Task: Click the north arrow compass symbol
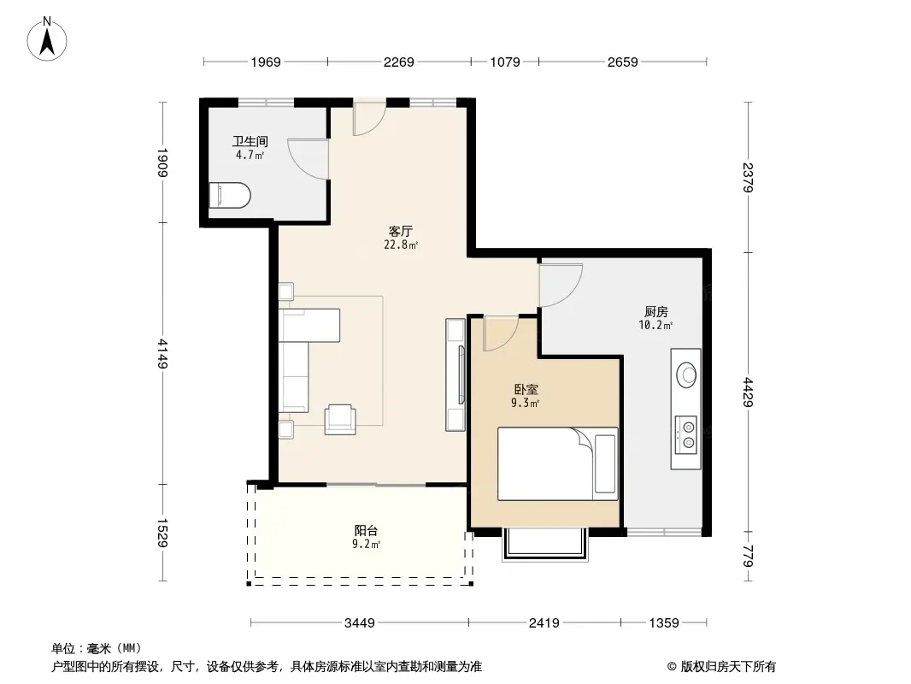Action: click(47, 38)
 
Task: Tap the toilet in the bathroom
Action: click(230, 195)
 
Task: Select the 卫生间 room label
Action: click(250, 141)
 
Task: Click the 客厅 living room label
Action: click(401, 231)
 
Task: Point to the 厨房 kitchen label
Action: click(656, 311)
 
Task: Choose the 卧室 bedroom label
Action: click(526, 389)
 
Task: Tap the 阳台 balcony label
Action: click(366, 531)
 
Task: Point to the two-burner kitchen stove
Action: click(686, 435)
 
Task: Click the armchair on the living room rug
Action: click(340, 420)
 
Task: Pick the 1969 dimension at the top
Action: click(266, 62)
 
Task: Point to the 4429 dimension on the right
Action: click(749, 392)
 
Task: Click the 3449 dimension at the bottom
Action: click(360, 623)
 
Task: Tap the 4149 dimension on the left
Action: click(162, 353)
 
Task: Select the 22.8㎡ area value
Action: click(401, 245)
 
